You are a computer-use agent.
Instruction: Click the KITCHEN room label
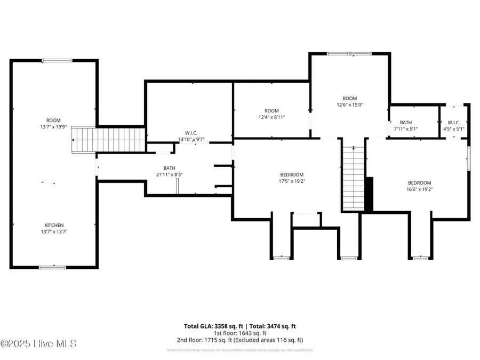(x=54, y=225)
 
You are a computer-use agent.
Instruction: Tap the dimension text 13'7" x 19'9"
(x=53, y=127)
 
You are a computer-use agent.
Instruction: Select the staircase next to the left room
(x=109, y=140)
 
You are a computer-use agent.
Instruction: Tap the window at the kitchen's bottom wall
(x=53, y=266)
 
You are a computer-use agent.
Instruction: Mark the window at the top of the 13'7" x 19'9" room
(x=57, y=60)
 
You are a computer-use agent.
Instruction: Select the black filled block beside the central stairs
(x=369, y=194)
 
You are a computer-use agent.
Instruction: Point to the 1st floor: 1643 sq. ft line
(x=239, y=333)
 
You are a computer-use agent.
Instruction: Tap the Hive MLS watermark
(x=38, y=343)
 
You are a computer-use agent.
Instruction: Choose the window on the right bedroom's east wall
(x=469, y=158)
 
